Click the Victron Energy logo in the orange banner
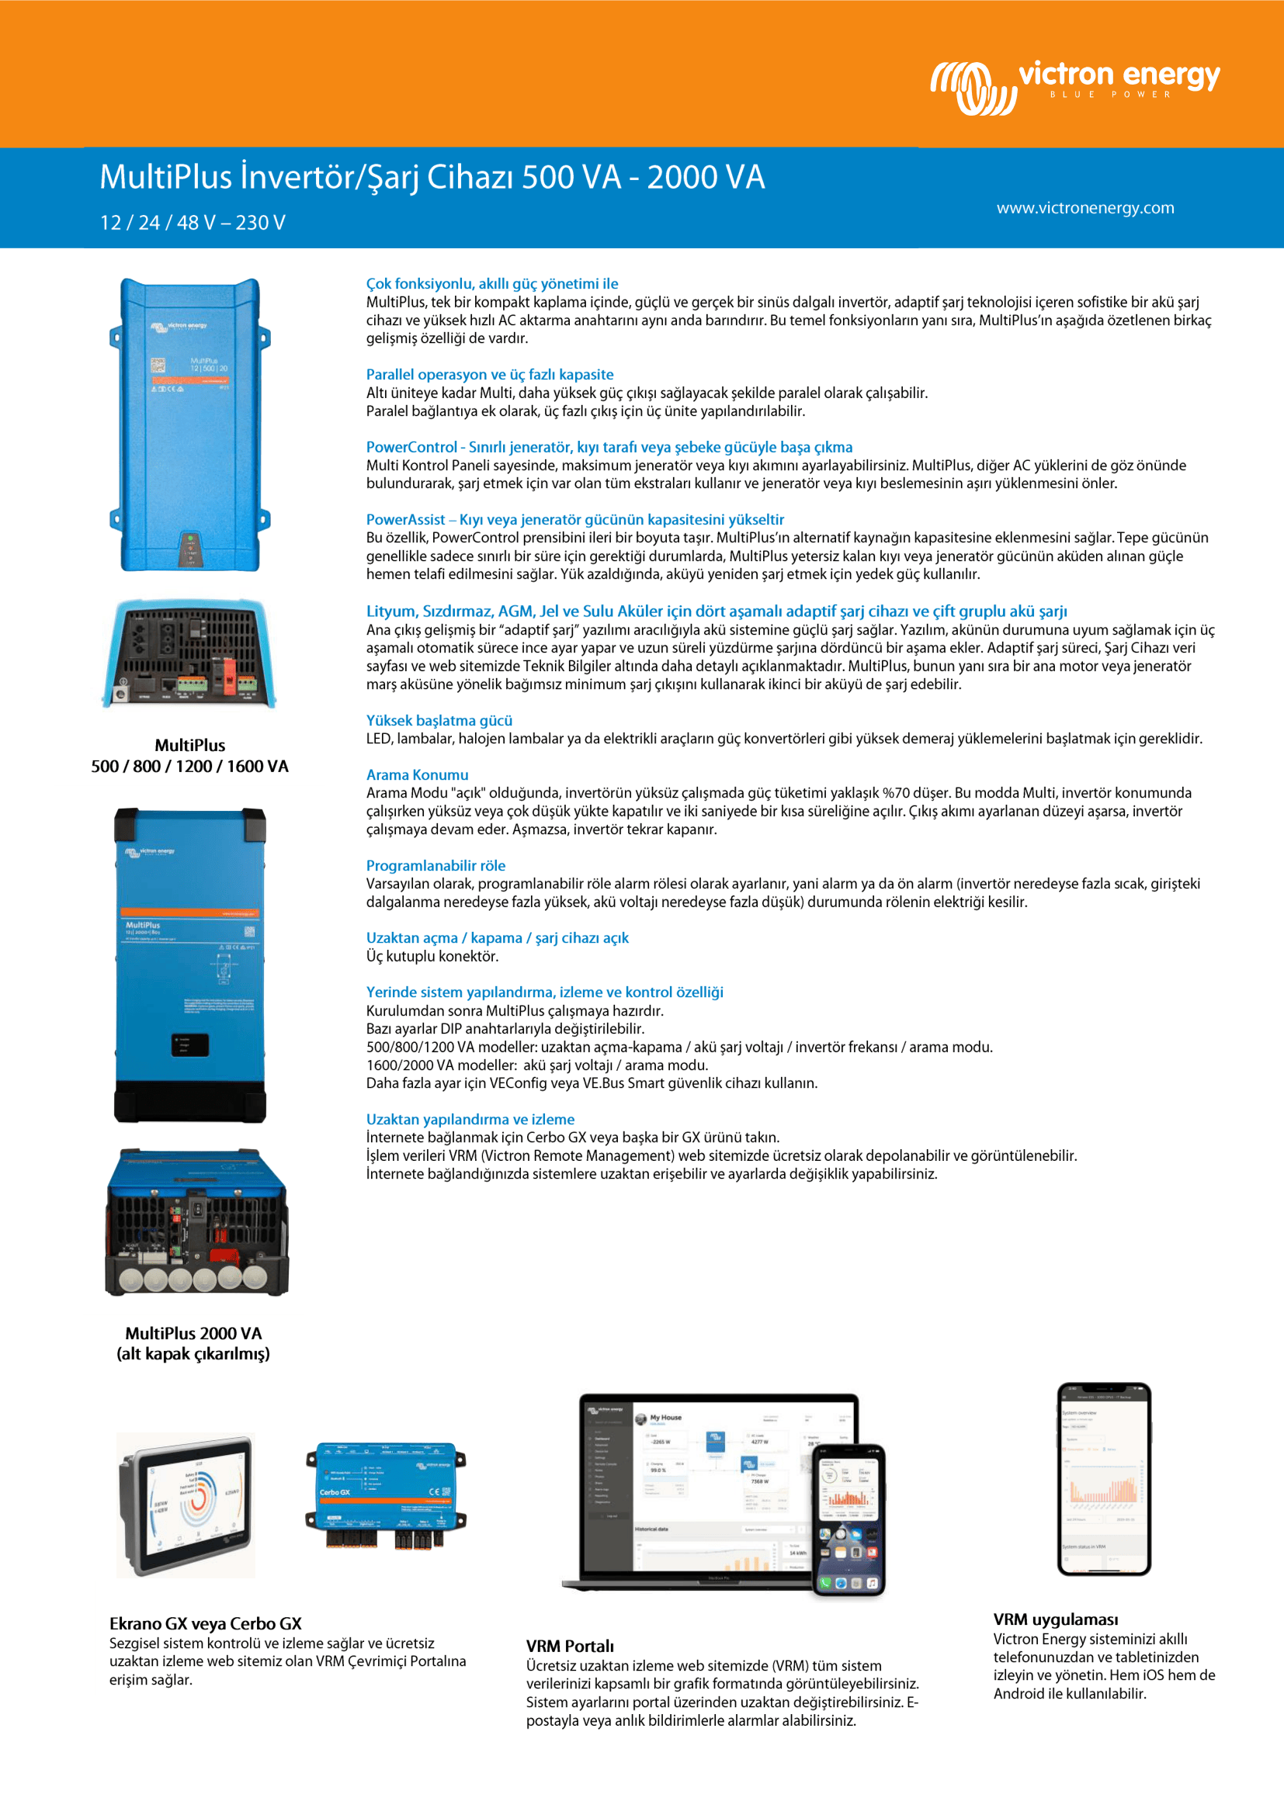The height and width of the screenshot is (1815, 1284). tap(1074, 85)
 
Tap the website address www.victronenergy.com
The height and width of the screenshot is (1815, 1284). tap(1084, 208)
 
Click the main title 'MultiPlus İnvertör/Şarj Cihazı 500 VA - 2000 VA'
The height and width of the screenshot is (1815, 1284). tap(432, 177)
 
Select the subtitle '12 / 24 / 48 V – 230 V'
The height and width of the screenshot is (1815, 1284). tap(192, 222)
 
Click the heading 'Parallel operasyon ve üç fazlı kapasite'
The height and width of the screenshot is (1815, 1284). tap(489, 375)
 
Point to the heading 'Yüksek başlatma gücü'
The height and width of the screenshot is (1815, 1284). tap(439, 720)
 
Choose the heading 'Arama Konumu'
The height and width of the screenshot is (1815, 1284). tap(417, 774)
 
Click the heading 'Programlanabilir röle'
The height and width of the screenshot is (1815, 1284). tap(435, 866)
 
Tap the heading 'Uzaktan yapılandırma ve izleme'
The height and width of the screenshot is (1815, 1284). tap(470, 1120)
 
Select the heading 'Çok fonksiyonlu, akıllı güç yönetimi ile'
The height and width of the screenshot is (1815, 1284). tap(491, 284)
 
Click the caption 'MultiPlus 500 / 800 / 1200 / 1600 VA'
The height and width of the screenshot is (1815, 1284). tap(189, 756)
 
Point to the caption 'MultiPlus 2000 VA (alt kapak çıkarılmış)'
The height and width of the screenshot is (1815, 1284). tap(193, 1343)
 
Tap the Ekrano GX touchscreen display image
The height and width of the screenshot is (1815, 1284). tap(186, 1505)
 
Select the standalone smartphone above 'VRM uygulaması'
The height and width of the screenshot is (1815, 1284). tap(1104, 1478)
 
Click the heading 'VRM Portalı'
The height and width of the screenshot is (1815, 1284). tap(569, 1646)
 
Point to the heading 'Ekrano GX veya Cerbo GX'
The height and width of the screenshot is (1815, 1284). tap(206, 1623)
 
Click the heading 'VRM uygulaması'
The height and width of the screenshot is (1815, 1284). tap(1056, 1619)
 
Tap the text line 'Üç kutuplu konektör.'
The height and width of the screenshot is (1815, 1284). tap(432, 956)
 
